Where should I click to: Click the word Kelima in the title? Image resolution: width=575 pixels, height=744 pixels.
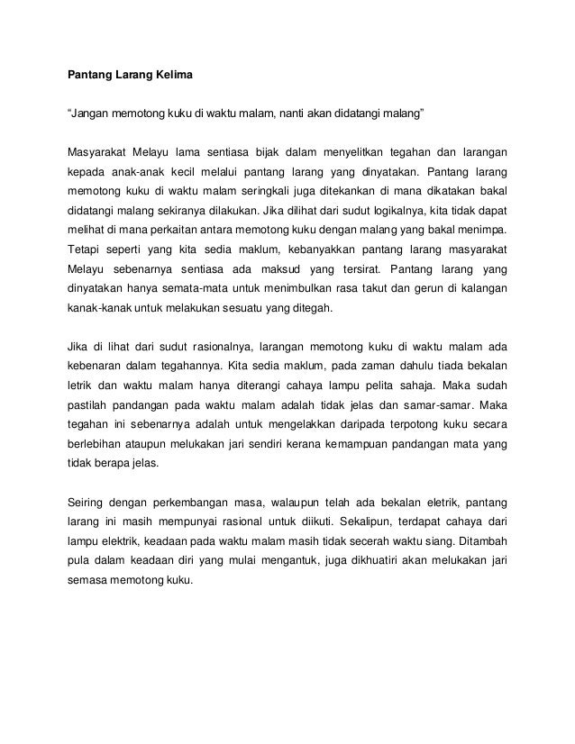coord(182,73)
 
